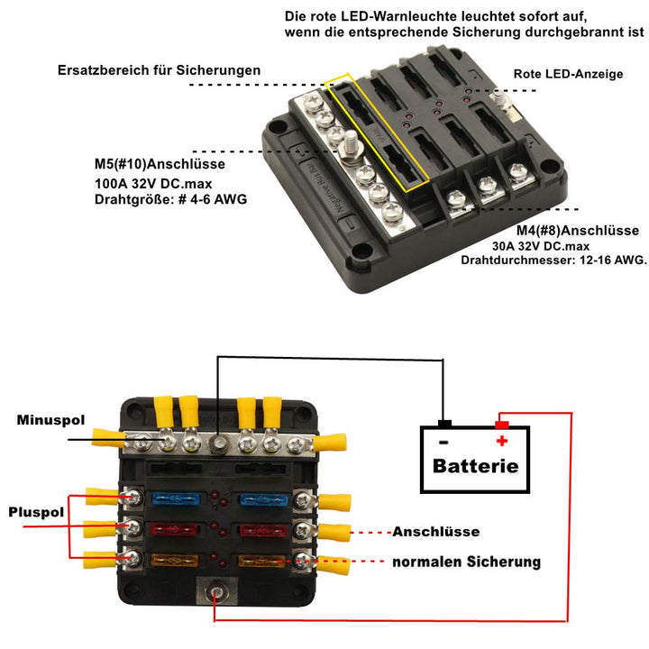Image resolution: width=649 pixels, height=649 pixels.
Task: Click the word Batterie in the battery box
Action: click(475, 466)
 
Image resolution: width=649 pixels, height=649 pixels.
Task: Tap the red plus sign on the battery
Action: click(502, 441)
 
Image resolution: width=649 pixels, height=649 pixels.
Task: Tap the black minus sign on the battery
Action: click(443, 442)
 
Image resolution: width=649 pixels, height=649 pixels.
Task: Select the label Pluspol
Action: click(36, 512)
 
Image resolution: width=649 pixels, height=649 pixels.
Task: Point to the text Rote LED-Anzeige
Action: click(568, 74)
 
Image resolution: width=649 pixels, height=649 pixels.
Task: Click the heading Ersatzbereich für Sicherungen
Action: click(159, 69)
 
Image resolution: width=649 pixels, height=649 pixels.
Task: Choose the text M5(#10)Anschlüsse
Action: click(160, 165)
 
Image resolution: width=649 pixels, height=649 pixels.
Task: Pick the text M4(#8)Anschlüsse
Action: click(565, 231)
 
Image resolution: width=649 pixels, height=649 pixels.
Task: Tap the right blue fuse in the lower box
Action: click(261, 498)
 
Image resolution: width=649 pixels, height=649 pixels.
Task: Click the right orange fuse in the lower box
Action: click(261, 561)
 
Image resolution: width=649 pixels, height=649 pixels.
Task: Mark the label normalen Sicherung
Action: click(466, 562)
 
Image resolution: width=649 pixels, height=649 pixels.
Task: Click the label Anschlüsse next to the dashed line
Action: click(436, 532)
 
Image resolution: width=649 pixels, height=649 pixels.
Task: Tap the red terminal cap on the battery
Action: click(502, 424)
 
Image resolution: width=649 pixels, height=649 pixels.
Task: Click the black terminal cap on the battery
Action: click(444, 424)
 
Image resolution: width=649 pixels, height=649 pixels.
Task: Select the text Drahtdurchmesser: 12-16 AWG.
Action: click(553, 260)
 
